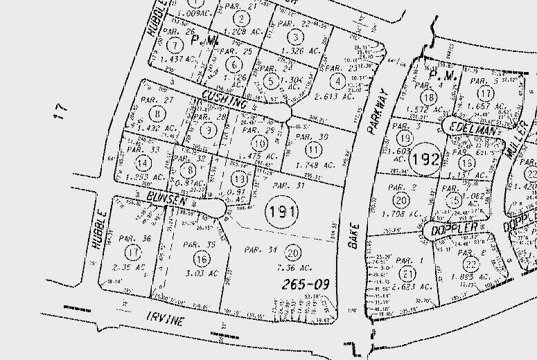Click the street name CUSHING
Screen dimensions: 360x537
coord(224,100)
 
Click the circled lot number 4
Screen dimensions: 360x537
coord(337,82)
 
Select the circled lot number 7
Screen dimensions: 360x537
coord(176,45)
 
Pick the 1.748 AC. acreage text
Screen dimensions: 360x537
coord(315,165)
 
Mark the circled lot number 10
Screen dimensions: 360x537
coord(259,144)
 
